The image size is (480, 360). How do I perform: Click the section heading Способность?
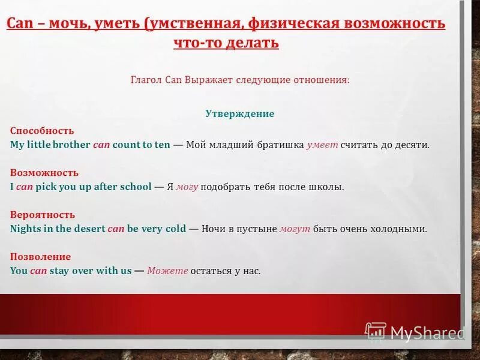(x=42, y=131)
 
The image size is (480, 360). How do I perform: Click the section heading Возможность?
(x=44, y=173)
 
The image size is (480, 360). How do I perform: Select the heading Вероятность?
(x=43, y=215)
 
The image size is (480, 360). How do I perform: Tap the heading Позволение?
(x=40, y=257)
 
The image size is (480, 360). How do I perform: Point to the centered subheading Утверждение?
(x=239, y=113)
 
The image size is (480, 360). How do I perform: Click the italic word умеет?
(x=322, y=145)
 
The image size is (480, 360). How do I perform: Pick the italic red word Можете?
(x=167, y=271)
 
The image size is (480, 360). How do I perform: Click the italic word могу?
(x=187, y=187)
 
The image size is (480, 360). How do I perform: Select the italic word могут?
(x=295, y=229)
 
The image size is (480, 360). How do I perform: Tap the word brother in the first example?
(x=71, y=145)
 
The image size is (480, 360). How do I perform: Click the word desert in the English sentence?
(x=89, y=229)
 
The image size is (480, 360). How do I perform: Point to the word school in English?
(x=136, y=187)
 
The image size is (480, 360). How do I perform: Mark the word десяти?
(x=412, y=145)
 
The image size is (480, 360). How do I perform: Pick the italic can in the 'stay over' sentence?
(x=38, y=271)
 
